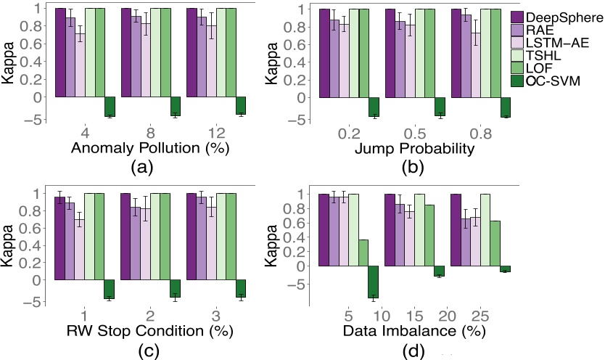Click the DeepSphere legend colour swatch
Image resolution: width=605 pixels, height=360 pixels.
coord(519,17)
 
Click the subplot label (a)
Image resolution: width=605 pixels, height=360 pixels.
coord(140,169)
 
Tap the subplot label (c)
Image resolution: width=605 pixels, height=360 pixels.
coord(140,351)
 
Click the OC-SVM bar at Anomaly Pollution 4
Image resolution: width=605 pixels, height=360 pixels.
coord(110,106)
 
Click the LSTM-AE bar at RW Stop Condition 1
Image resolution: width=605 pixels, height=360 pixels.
coord(80,249)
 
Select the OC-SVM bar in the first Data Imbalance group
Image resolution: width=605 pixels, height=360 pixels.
coord(373,282)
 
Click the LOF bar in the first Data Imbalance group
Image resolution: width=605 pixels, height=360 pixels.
coord(363,253)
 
